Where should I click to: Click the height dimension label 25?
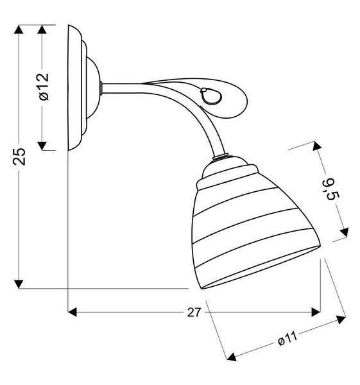(x=21, y=156)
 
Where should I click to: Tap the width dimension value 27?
(x=194, y=312)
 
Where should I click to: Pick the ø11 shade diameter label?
(x=286, y=338)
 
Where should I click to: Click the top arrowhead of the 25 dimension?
(x=21, y=30)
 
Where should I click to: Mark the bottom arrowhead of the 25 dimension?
(x=21, y=283)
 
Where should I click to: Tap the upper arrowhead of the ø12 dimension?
(x=43, y=30)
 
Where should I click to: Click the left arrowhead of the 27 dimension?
(x=73, y=312)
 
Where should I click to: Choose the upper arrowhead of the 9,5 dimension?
(x=316, y=148)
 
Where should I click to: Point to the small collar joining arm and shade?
(x=219, y=157)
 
